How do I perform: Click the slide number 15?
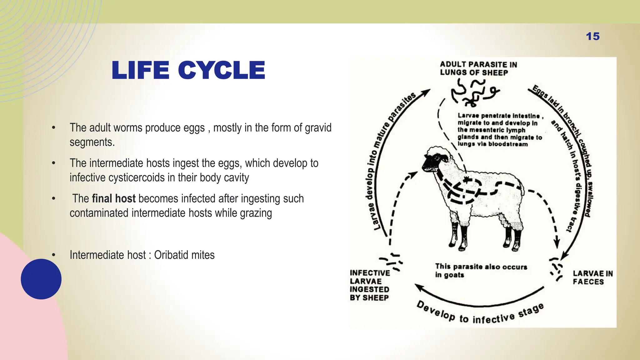tap(592, 36)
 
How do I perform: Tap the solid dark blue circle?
tap(41, 279)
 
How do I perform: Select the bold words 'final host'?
tap(114, 198)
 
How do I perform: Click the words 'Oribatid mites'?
tap(184, 255)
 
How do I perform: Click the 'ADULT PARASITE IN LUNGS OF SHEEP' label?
tap(478, 68)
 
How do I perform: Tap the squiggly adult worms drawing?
tap(473, 91)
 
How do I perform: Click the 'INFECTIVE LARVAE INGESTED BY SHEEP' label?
tap(370, 285)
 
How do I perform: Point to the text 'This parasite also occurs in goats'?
tap(480, 271)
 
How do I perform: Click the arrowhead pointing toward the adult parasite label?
tap(426, 92)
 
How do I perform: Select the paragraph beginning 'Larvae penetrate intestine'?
tap(499, 130)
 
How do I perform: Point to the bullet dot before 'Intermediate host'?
tap(54, 255)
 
